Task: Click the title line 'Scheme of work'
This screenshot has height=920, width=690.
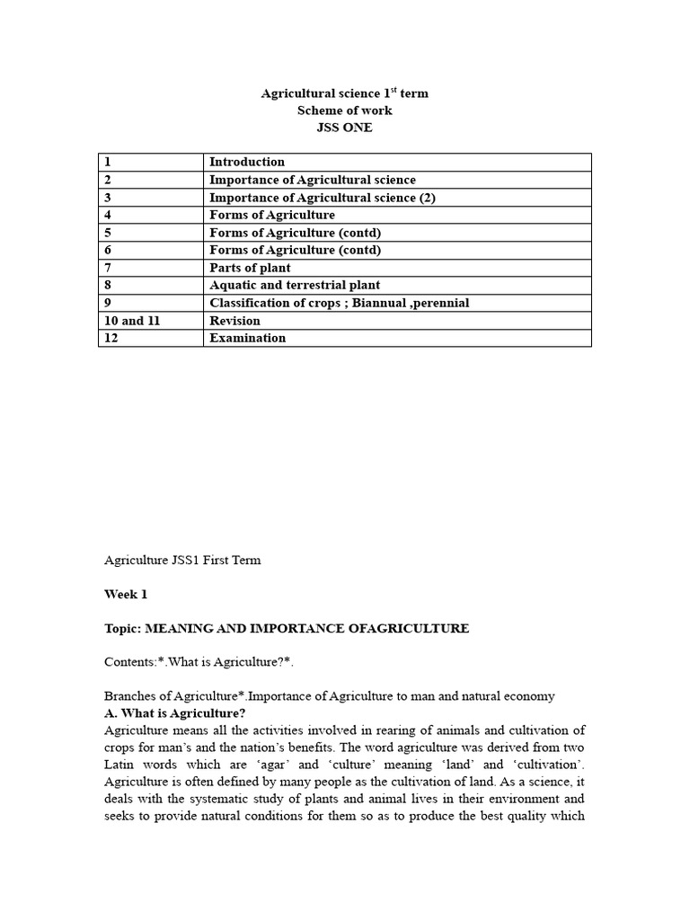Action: [x=344, y=111]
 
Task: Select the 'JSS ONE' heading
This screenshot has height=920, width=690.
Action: [x=344, y=128]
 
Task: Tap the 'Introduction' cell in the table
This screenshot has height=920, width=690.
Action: [x=247, y=162]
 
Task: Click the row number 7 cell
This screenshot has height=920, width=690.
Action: [x=108, y=268]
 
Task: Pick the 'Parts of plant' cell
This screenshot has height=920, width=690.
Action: [x=250, y=268]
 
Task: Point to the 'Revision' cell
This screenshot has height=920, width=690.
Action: [x=234, y=321]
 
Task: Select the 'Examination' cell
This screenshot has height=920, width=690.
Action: [x=247, y=338]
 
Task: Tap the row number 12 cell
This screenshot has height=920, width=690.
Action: [x=111, y=338]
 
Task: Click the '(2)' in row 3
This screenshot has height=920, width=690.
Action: [x=427, y=198]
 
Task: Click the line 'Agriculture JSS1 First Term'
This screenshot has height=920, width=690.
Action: [x=182, y=560]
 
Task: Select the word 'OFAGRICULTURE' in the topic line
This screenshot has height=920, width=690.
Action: [x=402, y=628]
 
